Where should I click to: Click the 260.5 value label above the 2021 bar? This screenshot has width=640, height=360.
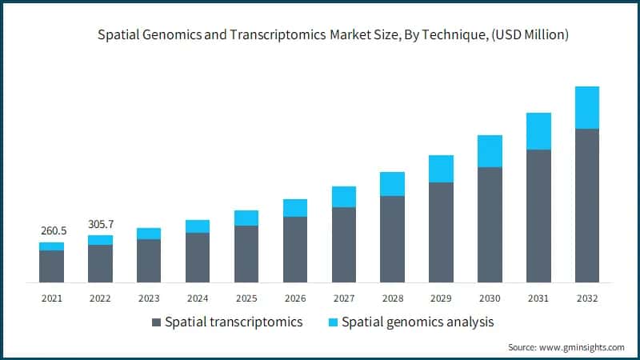52,230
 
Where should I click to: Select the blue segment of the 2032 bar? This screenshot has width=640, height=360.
587,107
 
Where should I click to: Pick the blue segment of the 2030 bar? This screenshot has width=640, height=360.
490,150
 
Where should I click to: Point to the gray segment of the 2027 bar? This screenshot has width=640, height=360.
344,244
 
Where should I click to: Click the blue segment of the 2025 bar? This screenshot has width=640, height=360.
246,218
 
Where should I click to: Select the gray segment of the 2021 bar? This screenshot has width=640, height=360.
52,266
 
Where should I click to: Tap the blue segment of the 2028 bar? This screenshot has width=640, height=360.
392,183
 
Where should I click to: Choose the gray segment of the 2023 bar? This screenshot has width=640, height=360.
149,260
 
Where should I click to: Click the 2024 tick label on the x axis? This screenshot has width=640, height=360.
198,298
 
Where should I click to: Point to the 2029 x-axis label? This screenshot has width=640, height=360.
441,298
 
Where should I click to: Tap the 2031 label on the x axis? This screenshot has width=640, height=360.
538,298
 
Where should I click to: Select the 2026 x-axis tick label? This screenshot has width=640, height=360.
295,298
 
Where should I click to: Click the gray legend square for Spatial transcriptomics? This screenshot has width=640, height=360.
155,322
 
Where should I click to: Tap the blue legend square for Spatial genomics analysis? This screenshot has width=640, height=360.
332,322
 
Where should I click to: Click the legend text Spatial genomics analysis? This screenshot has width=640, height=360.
418,322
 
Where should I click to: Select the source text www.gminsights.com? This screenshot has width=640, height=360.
582,347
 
